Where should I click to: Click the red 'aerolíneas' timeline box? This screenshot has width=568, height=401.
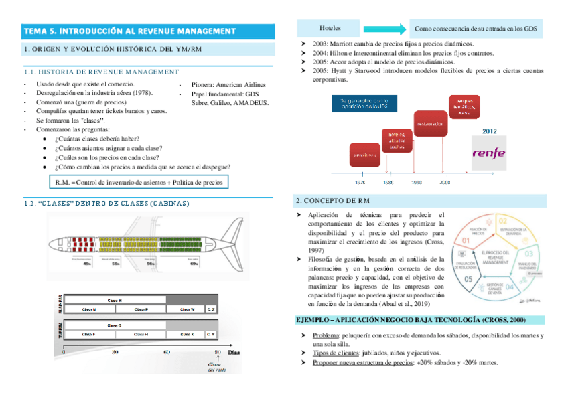[360, 155]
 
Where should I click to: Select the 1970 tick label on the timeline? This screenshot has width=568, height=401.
[360, 182]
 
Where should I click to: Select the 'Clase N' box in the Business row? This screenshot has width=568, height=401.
[89, 309]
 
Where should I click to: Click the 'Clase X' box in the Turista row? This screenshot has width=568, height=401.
[187, 333]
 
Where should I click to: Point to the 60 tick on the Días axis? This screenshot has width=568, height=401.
[166, 351]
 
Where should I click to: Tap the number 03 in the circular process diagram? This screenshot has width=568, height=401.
[528, 254]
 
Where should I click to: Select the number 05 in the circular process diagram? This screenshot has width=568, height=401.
[468, 279]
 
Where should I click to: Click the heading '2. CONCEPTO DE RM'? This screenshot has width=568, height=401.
[332, 200]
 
